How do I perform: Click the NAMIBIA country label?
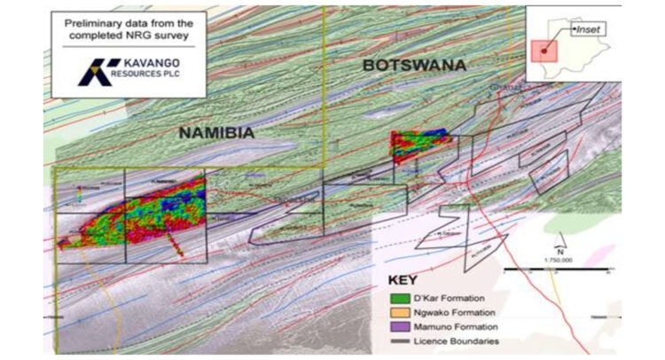point(216,132)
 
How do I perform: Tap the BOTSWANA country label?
point(414,65)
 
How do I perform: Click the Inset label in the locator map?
point(586,29)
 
